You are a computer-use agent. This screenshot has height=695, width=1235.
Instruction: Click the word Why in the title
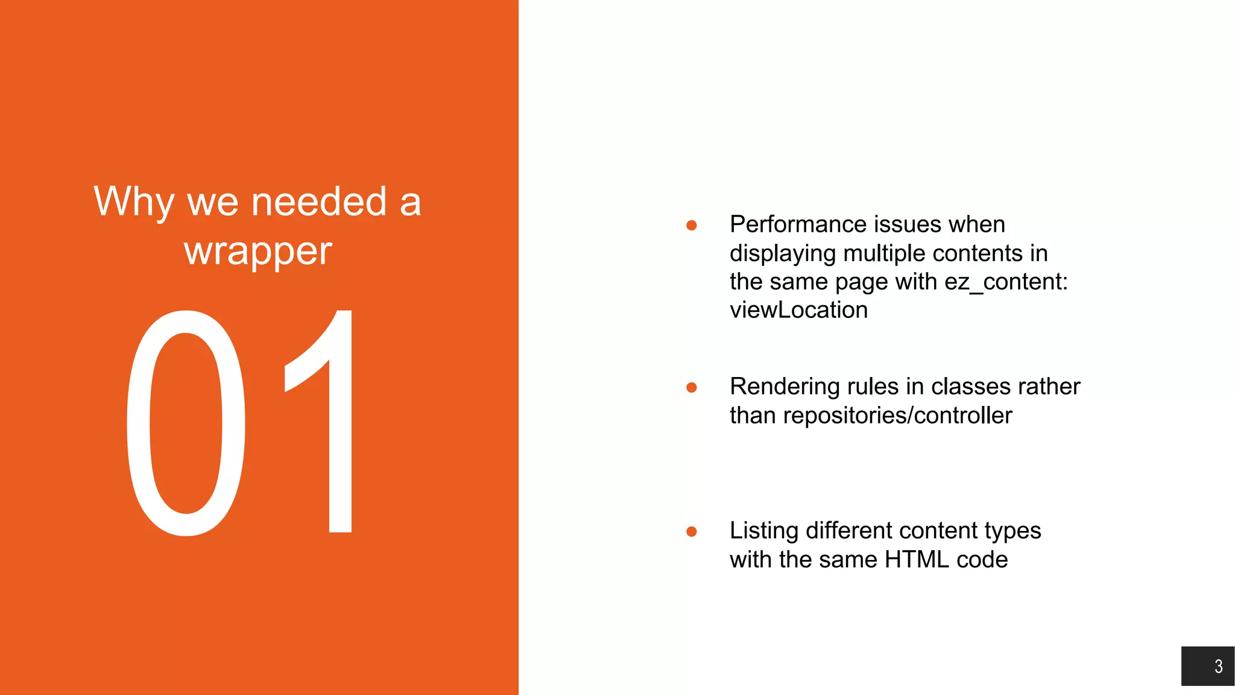(x=134, y=202)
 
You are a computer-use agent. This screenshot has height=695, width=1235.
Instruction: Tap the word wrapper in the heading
(x=258, y=251)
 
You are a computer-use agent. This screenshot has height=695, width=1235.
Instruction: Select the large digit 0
(x=186, y=423)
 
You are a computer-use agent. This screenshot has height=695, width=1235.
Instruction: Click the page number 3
(x=1218, y=666)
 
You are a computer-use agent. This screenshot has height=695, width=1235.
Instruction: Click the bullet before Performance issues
(x=692, y=226)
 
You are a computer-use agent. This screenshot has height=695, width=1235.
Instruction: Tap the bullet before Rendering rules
(x=692, y=387)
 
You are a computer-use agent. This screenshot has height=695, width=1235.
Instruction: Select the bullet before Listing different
(x=692, y=532)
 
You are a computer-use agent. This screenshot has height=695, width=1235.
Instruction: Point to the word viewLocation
(x=798, y=310)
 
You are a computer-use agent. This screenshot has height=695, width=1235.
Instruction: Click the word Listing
(x=764, y=531)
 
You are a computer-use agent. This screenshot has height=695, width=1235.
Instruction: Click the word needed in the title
(x=318, y=202)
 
